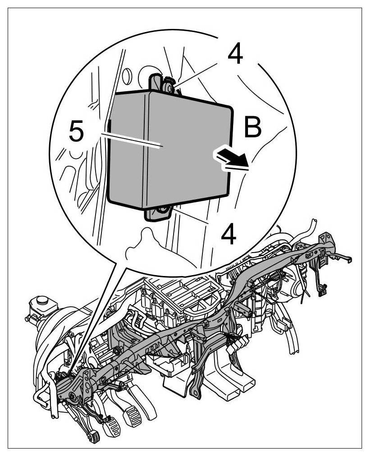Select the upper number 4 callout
coord(235,55)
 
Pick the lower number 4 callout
coord(229,235)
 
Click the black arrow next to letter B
coord(230,159)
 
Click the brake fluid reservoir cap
coord(42,300)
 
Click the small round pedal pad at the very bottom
coord(94,437)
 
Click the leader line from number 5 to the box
coord(131,140)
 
